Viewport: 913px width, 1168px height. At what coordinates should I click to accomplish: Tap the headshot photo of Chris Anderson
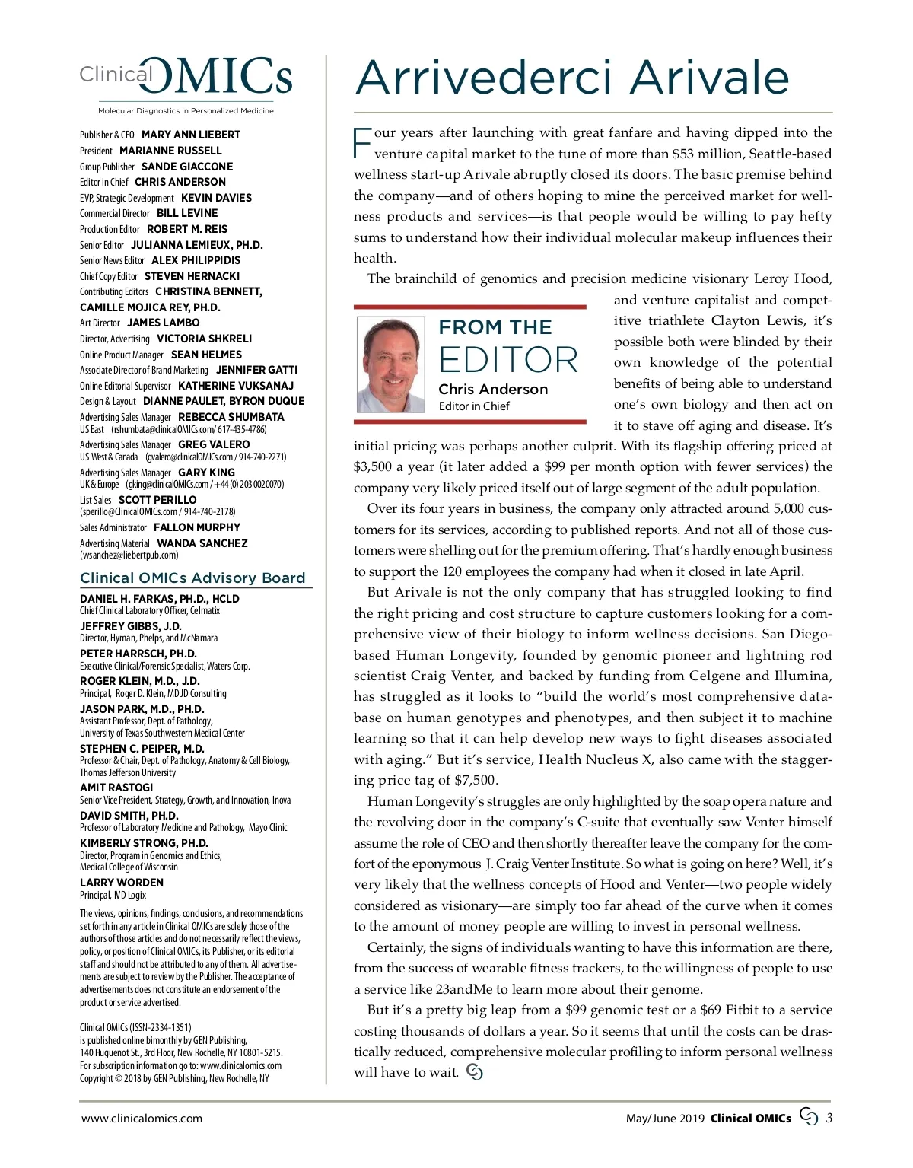click(x=390, y=364)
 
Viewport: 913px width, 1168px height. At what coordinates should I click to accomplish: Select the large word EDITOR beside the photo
click(x=508, y=360)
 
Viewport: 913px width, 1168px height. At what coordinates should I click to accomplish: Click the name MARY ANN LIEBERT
click(x=191, y=135)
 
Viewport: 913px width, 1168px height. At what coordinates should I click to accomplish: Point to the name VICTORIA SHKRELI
click(x=204, y=339)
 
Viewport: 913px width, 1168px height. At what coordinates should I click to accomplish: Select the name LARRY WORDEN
click(x=122, y=883)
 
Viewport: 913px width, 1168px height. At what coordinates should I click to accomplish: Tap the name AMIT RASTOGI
click(x=116, y=788)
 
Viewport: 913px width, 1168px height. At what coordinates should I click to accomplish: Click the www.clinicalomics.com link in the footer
click(x=142, y=1118)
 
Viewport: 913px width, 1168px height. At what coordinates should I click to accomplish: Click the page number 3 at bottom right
click(x=829, y=1118)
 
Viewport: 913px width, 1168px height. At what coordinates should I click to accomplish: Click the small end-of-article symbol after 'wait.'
click(x=474, y=1072)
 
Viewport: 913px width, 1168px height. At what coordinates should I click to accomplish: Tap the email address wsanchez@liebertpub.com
click(x=129, y=555)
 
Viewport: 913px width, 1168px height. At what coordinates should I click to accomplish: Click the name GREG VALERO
click(x=214, y=444)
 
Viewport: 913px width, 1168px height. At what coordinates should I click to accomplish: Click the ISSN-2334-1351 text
click(x=161, y=1026)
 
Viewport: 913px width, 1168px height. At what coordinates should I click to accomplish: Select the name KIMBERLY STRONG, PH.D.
click(x=144, y=843)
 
